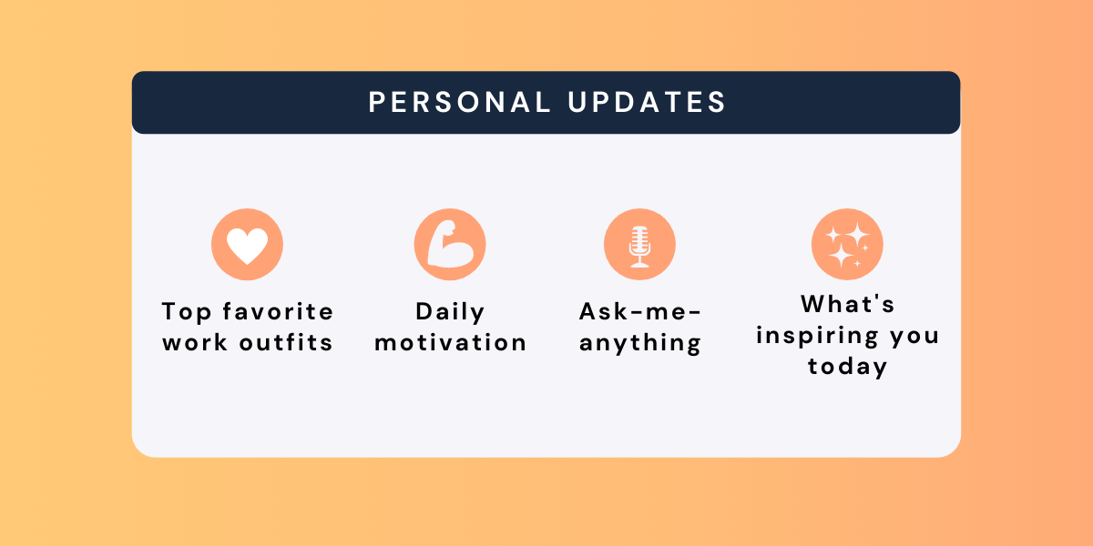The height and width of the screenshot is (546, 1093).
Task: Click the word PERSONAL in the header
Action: point(459,102)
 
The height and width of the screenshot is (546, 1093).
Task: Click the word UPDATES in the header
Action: point(647,102)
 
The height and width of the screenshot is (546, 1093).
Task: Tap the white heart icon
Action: point(248,246)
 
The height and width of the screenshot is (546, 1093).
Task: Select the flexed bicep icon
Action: point(450,244)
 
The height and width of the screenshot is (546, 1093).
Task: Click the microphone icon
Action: point(639,247)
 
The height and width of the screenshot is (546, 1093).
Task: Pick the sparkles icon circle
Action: point(847,244)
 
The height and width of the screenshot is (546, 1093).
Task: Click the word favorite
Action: point(278,311)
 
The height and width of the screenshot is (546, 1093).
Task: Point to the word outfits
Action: point(286,342)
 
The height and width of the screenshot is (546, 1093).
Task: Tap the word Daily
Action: point(450,312)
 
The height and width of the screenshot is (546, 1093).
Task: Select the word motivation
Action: point(450,342)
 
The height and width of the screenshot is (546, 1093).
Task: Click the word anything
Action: point(640,344)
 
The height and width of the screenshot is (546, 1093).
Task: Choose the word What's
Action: point(848,304)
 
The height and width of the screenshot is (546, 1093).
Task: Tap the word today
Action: point(848,367)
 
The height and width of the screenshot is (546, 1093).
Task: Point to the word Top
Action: point(187,312)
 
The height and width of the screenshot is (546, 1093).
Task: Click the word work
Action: point(195,342)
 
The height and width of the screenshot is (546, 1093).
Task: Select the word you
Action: point(914,338)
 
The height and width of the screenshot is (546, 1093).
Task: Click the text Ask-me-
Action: point(640,311)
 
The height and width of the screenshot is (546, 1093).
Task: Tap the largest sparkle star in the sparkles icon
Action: point(841,254)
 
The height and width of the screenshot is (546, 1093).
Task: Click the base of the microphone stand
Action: point(639,265)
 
